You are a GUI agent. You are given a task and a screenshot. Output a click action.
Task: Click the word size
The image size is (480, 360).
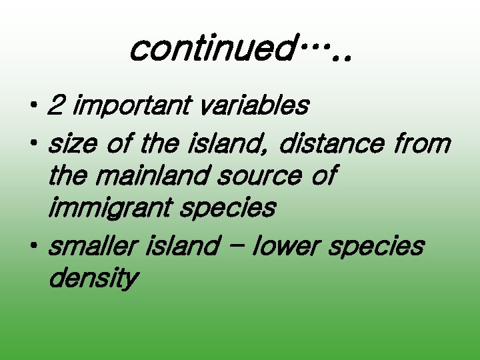click(73, 143)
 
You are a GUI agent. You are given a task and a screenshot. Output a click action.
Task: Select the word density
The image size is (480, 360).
click(93, 279)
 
